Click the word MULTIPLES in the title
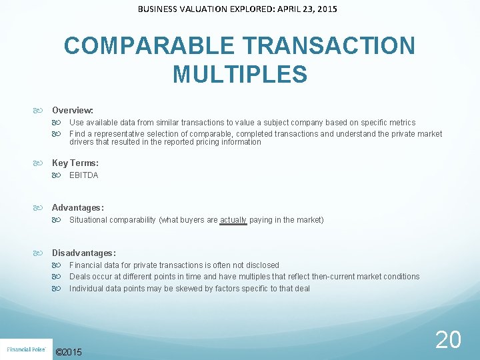coord(240,74)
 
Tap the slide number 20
coord(447,340)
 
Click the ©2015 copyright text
coord(69,352)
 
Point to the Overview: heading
coord(73,110)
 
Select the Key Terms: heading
coord(75,163)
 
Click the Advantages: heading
coord(77,208)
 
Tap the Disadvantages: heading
coord(83,253)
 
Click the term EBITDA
coord(83,175)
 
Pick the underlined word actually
coord(233,220)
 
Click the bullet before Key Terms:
coord(44,163)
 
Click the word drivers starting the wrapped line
coord(81,142)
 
